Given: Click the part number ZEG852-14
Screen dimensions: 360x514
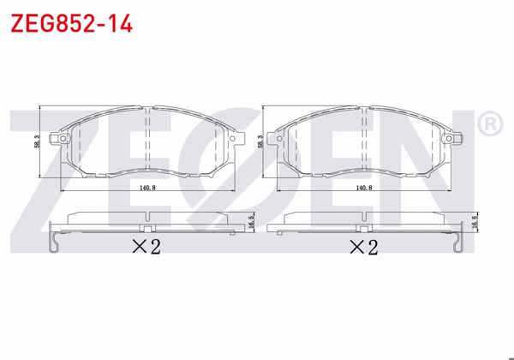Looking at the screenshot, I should [x=70, y=23].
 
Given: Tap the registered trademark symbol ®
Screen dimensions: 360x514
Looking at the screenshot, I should [x=487, y=125].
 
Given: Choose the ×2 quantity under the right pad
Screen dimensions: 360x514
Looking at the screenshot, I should [x=363, y=248].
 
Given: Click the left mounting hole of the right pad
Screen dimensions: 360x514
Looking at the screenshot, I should [x=278, y=139].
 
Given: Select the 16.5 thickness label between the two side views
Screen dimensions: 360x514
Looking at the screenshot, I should [x=250, y=221].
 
